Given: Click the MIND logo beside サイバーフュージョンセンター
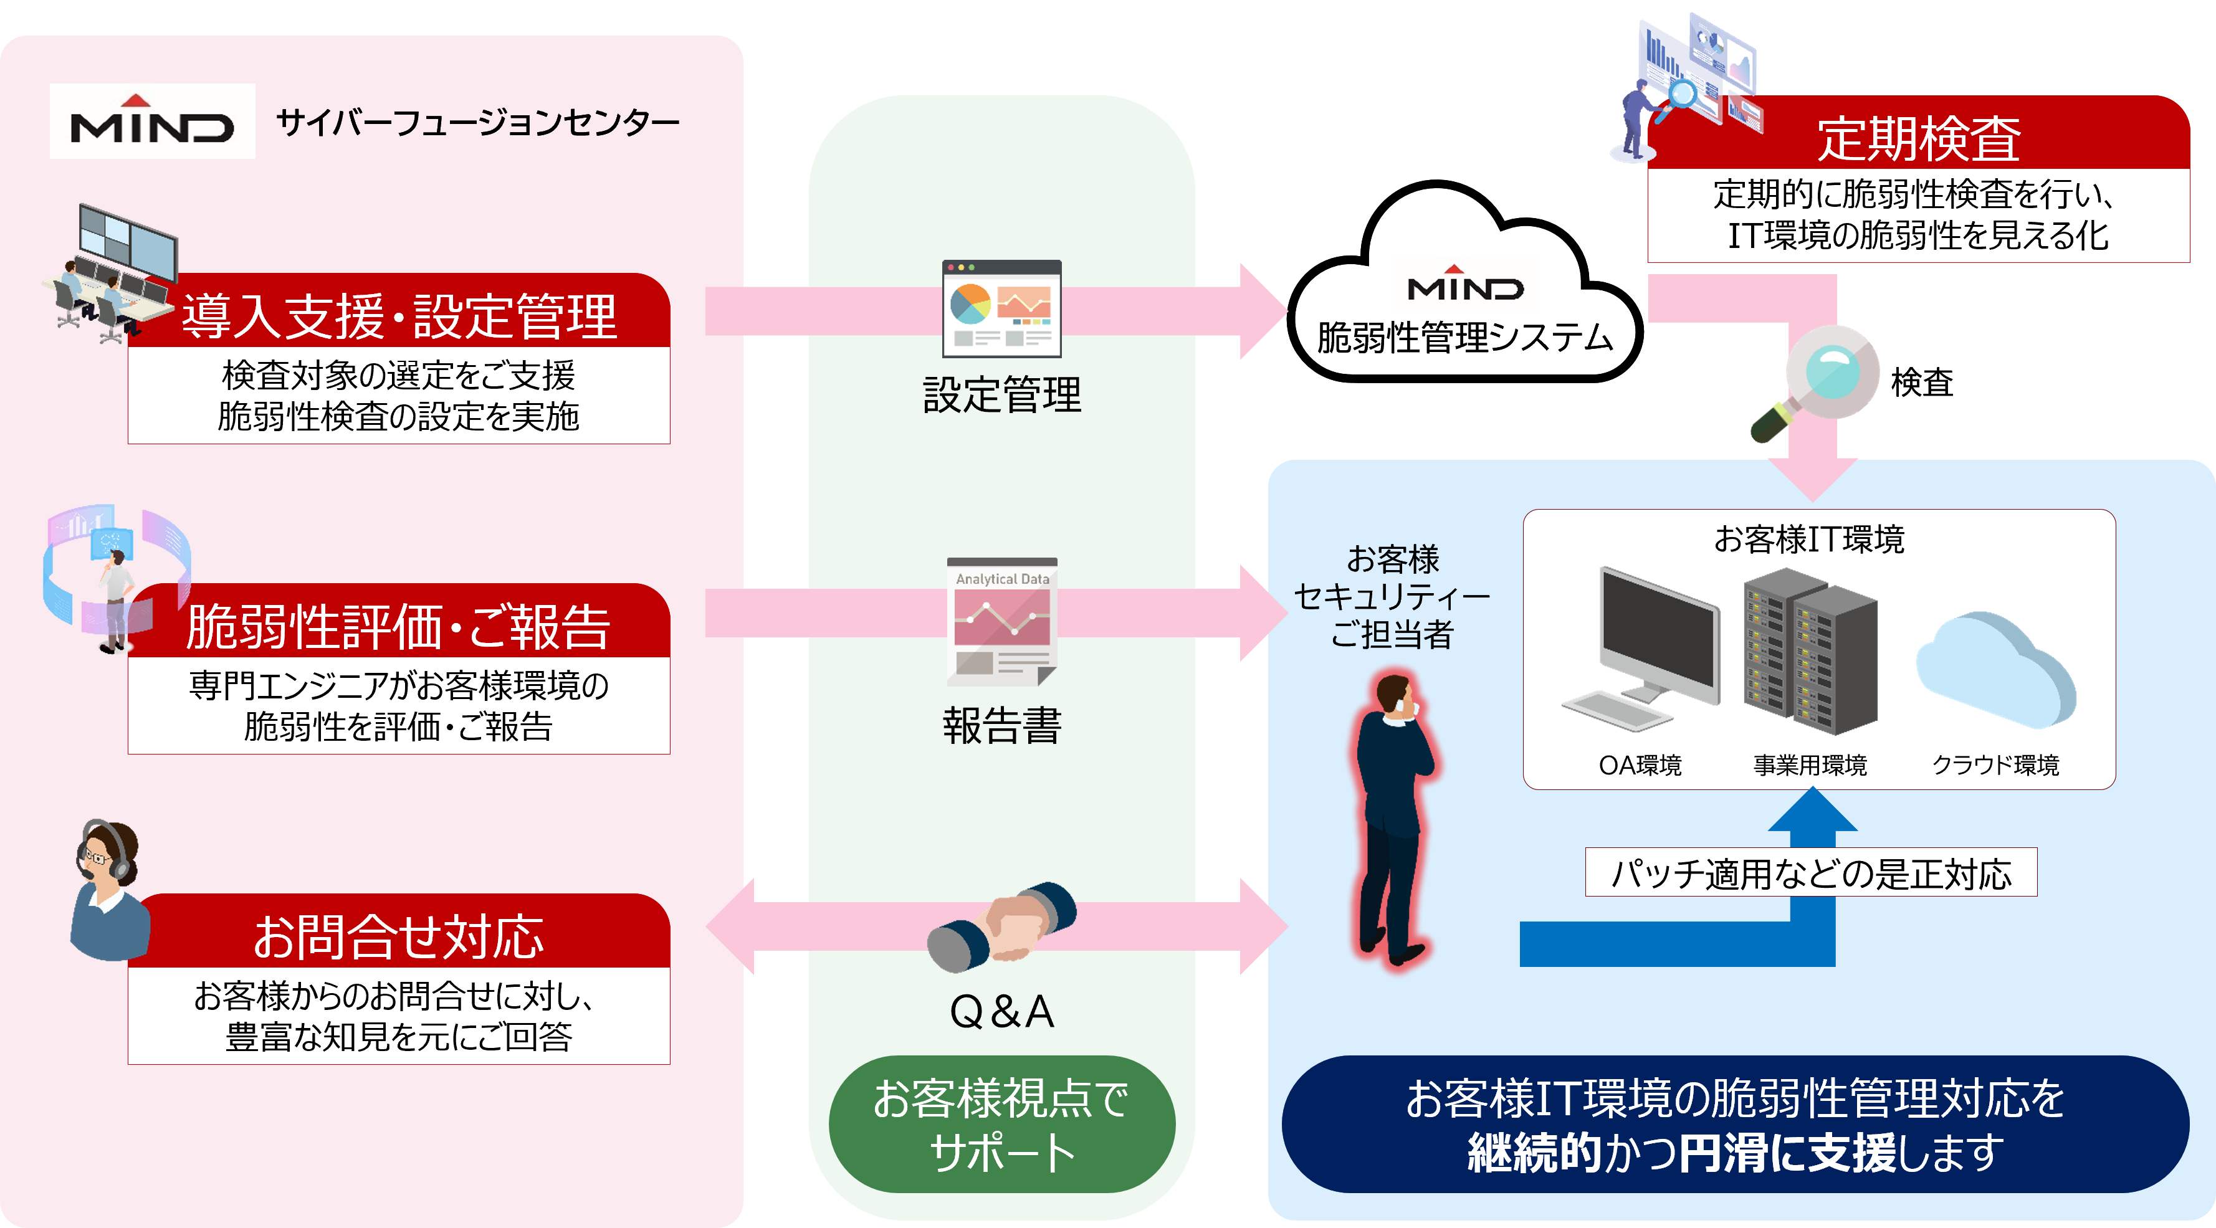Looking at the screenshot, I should coord(152,121).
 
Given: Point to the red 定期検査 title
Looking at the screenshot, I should coord(1918,138).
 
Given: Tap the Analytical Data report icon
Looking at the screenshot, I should coord(1002,622).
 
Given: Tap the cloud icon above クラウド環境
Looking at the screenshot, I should coord(1996,671).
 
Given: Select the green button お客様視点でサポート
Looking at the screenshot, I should coord(1001,1124).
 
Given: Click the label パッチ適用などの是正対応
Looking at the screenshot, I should coord(1811,873).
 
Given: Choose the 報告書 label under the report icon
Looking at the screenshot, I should coord(1001,726).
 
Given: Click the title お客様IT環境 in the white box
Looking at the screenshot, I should coord(1808,539).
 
